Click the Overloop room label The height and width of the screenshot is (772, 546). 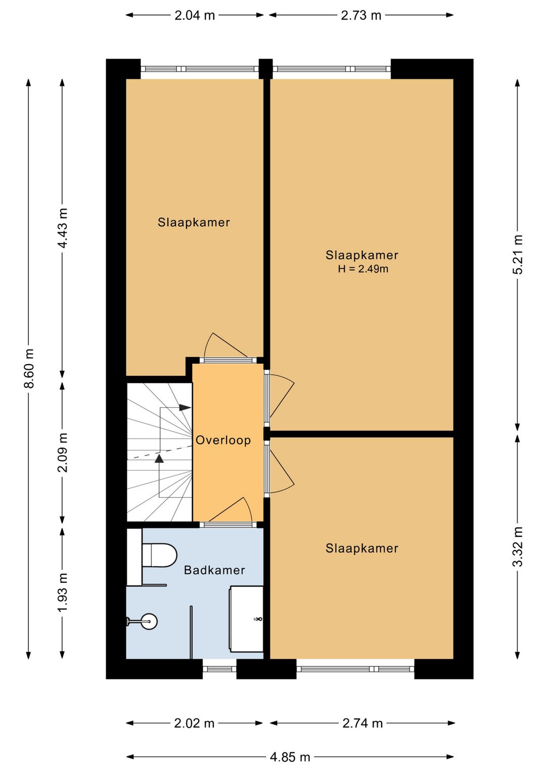(x=223, y=440)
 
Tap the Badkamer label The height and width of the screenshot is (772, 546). (x=214, y=570)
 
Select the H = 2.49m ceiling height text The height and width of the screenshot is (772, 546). (x=363, y=269)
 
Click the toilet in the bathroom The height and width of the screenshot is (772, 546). (x=160, y=555)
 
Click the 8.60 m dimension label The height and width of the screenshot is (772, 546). (x=29, y=368)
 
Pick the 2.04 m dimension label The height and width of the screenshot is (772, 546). (x=195, y=16)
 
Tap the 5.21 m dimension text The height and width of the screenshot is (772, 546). (x=517, y=254)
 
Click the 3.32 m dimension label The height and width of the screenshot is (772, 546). (x=517, y=547)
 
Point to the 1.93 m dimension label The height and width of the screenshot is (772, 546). (x=62, y=592)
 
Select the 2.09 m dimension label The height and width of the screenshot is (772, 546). (x=62, y=452)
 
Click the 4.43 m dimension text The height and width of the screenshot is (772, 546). (x=62, y=228)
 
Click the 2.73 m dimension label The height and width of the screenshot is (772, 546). (x=361, y=16)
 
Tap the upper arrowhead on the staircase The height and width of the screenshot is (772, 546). (x=185, y=407)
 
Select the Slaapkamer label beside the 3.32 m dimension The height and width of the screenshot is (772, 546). (x=361, y=548)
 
